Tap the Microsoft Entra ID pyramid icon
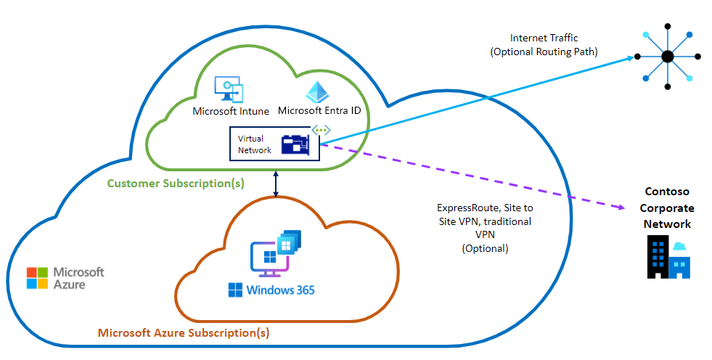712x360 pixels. pos(316,91)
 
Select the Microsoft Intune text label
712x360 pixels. pos(231,111)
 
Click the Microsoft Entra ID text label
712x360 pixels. pos(319,111)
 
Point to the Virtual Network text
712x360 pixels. pos(250,144)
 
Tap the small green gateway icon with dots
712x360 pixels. pos(321,130)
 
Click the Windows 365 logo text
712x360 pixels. pos(271,290)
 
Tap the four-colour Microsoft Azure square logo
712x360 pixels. pos(36,277)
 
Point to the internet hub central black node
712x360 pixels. pos(667,57)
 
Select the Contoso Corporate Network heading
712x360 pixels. pos(668,208)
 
